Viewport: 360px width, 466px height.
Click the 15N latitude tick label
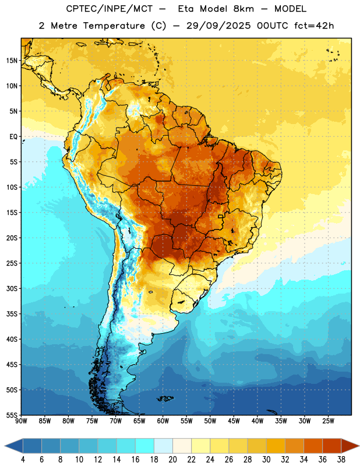coord(12,61)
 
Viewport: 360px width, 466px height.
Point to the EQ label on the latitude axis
coord(13,137)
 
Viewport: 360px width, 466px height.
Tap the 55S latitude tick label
coord(12,415)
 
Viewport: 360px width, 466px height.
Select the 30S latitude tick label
coord(12,288)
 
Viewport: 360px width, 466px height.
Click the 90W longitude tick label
coord(21,421)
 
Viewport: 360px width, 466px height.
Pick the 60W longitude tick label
coord(163,421)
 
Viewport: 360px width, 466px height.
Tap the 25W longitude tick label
coord(328,421)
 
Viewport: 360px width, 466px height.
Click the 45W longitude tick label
coord(234,421)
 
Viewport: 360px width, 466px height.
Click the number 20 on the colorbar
coord(172,460)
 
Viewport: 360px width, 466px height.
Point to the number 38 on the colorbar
coord(341,460)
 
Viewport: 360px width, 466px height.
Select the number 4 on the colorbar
coord(23,460)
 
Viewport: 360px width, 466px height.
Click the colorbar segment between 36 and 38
coord(332,446)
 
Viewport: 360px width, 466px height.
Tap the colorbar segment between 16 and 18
coord(145,446)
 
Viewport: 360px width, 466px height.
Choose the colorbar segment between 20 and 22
coord(182,446)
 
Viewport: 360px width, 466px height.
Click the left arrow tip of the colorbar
coord(5,446)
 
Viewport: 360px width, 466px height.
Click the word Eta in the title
coord(186,9)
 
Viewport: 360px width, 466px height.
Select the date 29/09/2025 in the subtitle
coord(218,26)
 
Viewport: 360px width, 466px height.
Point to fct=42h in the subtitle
coord(314,26)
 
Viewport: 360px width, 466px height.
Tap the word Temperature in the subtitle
coord(114,26)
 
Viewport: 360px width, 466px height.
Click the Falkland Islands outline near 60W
coord(165,398)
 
